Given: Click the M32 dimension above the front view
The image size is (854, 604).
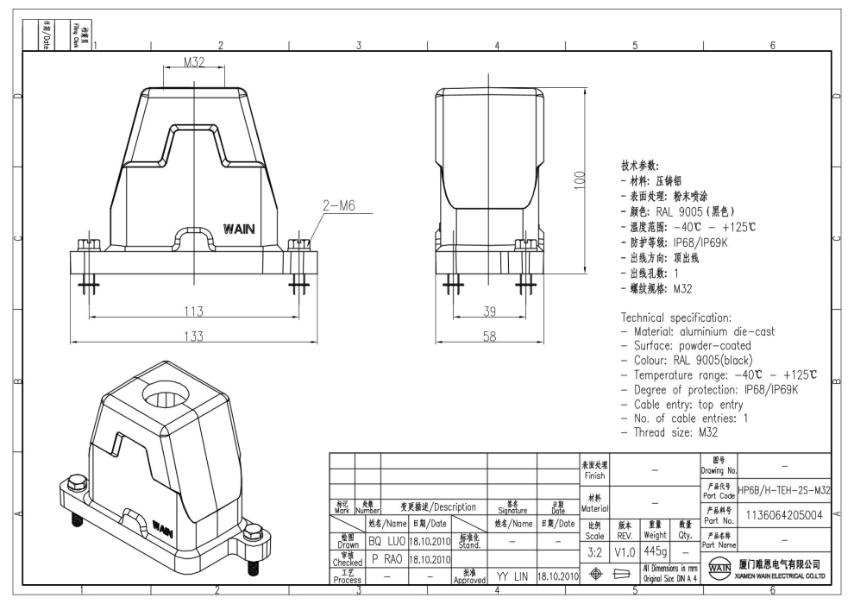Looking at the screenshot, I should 192,62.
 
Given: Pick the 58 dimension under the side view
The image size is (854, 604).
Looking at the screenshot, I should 488,337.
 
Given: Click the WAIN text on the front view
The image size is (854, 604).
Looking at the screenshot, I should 239,230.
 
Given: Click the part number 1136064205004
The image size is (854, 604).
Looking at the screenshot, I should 784,514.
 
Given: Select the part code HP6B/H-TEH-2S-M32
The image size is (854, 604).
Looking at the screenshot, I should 784,490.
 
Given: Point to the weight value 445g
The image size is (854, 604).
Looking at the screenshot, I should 655,550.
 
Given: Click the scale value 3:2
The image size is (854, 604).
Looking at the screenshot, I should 595,550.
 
